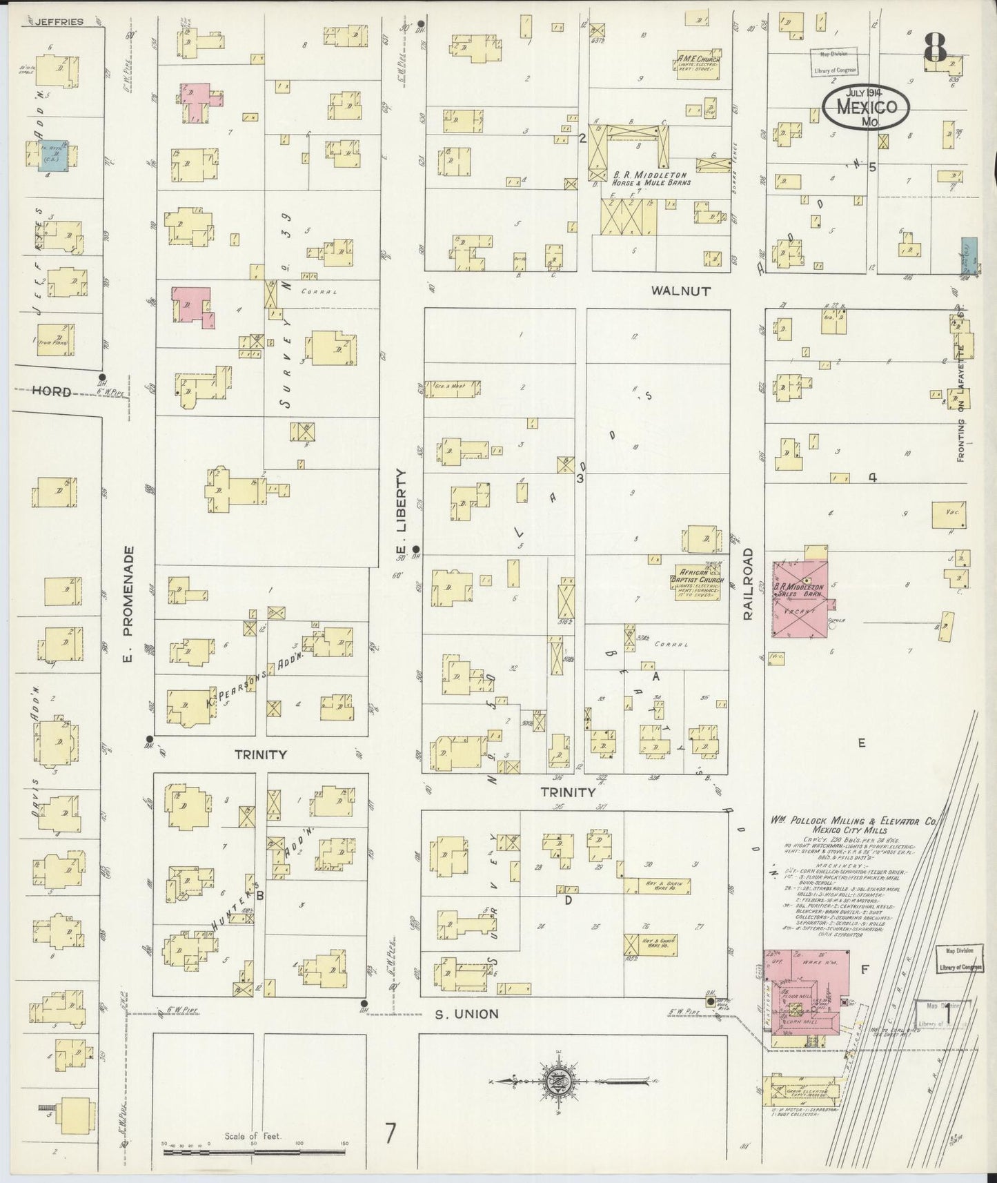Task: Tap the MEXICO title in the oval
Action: coord(867,107)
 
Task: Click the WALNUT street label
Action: coord(680,291)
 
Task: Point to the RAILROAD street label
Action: coord(749,585)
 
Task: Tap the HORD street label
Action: coord(52,391)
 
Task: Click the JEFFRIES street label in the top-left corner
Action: coord(57,21)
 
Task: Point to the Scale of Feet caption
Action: coord(253,1135)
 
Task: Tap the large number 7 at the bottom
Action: coord(391,1133)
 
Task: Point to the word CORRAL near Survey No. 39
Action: coord(319,292)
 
